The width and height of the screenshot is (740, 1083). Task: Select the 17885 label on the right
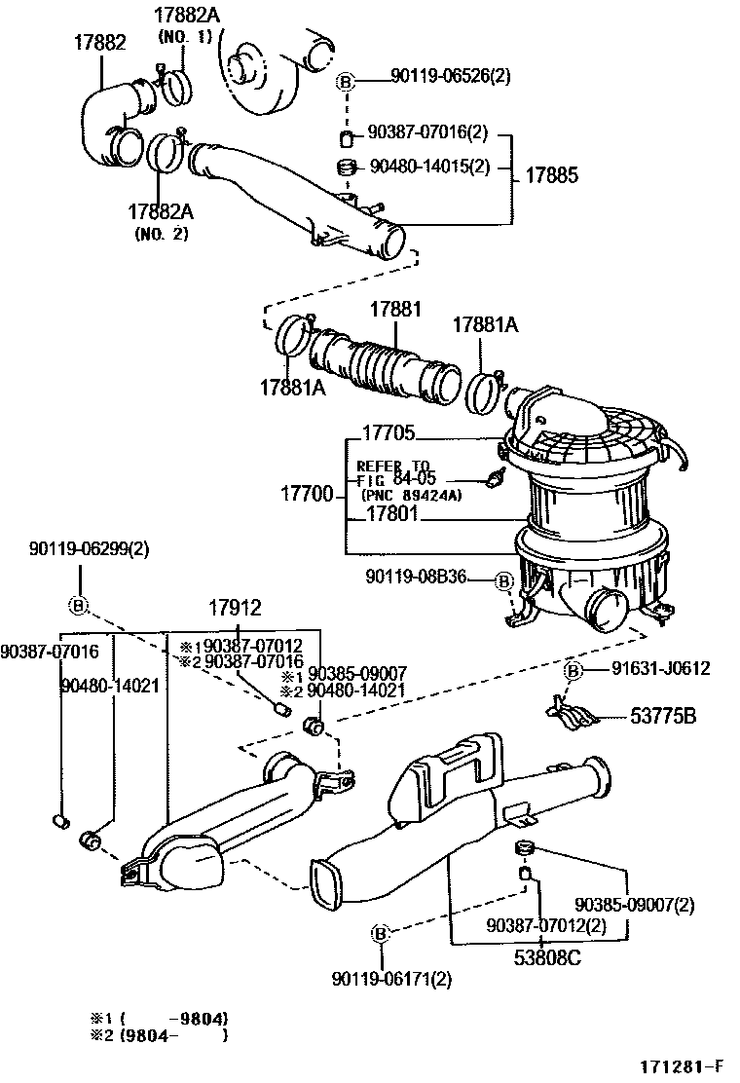(x=552, y=176)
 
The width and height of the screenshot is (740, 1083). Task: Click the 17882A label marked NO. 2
(x=160, y=211)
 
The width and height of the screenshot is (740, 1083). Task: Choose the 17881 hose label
(x=394, y=310)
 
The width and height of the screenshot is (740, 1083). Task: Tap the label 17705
(x=388, y=433)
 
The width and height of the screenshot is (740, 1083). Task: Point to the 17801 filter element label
(x=389, y=513)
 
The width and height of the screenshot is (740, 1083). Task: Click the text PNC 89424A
(x=411, y=495)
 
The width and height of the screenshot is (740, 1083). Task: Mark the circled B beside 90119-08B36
(x=503, y=581)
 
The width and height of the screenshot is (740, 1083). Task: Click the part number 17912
(x=234, y=609)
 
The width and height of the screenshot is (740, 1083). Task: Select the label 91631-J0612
(x=661, y=668)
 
